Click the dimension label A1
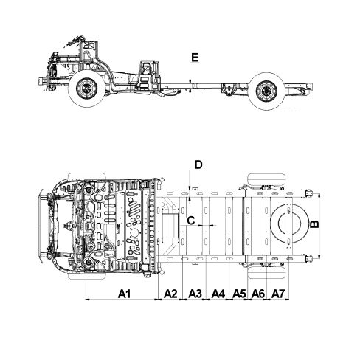pos(125,294)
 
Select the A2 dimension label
pos(170,294)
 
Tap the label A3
pos(195,294)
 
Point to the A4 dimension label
pos(218,294)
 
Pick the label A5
pos(239,294)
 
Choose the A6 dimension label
pos(258,294)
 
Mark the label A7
pos(278,294)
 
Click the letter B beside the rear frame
pos(314,224)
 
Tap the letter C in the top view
pos(191,221)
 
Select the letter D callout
pos(198,165)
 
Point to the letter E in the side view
pos(195,58)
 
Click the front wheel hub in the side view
pos(86,88)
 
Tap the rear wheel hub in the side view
pos(266,91)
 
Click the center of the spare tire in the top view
pos(289,223)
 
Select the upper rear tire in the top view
pos(266,179)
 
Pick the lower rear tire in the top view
pos(266,272)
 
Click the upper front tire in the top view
pos(87,176)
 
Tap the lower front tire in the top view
pos(87,276)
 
